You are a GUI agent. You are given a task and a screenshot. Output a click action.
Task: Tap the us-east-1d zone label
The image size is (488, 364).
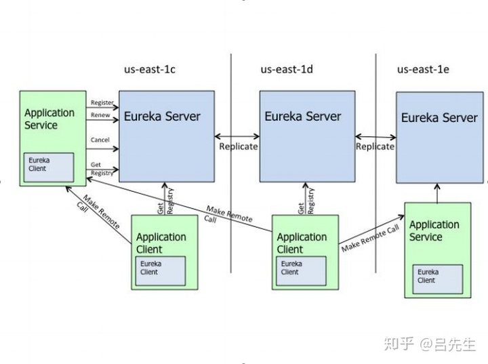click(287, 69)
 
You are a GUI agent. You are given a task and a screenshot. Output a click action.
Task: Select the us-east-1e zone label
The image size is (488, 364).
click(424, 69)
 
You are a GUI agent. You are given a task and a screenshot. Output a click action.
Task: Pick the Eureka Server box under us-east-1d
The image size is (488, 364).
click(307, 136)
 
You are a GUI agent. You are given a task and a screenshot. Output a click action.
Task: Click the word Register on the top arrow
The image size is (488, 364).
click(101, 102)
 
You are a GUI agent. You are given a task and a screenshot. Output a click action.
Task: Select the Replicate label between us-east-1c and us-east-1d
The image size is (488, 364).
click(238, 146)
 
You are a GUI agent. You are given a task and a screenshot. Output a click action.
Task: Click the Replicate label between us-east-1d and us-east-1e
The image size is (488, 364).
click(375, 146)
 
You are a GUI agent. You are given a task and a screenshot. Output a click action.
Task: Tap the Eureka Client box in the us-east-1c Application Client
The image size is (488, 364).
click(161, 270)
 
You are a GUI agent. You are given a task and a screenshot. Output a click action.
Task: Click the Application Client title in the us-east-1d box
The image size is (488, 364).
click(302, 243)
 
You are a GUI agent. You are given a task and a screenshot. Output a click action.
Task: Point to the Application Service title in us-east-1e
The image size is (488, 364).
click(434, 230)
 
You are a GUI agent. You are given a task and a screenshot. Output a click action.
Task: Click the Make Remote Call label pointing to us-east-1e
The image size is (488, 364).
click(370, 239)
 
